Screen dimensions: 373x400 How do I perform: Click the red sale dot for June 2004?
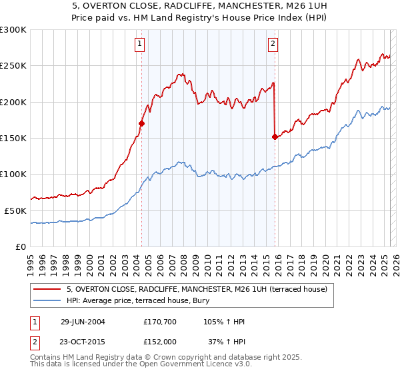click(x=141, y=123)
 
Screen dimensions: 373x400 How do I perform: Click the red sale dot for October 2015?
click(x=275, y=137)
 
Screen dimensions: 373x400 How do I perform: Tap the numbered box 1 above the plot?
click(x=140, y=45)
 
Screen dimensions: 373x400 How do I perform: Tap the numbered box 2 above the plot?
click(x=273, y=45)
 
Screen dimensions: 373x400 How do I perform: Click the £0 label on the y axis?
click(x=19, y=246)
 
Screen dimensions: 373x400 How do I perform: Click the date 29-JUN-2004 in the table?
click(x=83, y=322)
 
